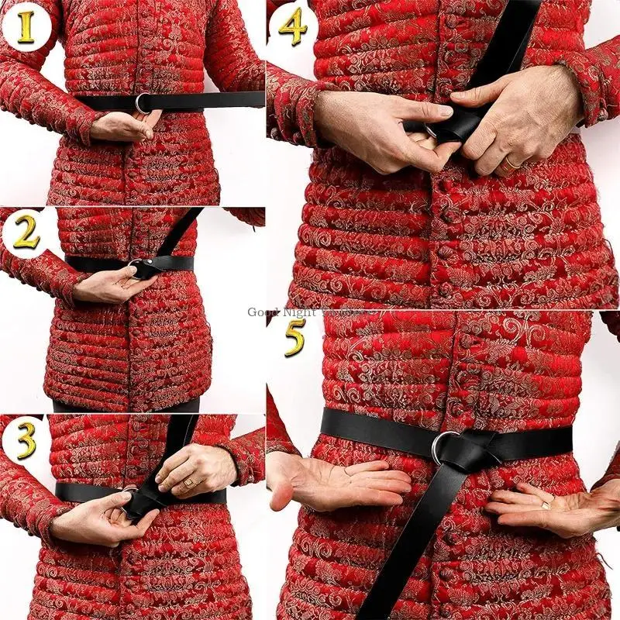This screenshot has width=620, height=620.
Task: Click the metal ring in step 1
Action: [x=143, y=102]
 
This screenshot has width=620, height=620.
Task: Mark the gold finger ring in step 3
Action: [x=188, y=482]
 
